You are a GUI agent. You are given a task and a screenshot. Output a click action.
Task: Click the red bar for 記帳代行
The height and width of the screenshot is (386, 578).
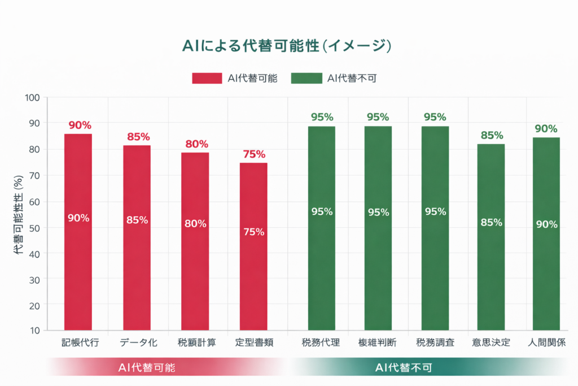tap(78, 232)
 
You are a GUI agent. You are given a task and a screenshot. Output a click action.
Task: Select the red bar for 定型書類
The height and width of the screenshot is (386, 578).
tap(253, 246)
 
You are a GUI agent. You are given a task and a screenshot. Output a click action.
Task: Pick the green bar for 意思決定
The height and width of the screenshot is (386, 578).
tap(491, 237)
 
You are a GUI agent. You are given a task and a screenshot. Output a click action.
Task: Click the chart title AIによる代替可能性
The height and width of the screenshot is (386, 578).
tap(287, 46)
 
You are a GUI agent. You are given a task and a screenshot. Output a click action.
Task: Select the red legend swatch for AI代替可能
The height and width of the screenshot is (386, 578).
tap(207, 79)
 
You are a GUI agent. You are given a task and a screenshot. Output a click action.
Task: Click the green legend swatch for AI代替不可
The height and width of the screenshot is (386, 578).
tap(305, 79)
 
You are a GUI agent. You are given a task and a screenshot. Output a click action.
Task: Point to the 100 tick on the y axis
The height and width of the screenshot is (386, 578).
tap(32, 97)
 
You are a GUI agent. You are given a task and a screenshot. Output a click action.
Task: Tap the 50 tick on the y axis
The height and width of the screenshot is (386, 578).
tap(33, 228)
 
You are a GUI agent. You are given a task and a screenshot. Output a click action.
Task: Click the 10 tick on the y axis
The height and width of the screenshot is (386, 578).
tap(33, 331)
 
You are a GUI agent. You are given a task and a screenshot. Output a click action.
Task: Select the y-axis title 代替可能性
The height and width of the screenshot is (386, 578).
tap(18, 215)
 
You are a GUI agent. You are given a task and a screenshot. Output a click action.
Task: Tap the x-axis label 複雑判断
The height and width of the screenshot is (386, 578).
tap(377, 343)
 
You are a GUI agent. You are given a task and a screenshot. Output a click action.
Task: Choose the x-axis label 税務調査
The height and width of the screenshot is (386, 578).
tap(435, 343)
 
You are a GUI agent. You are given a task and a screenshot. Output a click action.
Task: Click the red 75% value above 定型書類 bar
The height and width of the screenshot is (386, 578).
tap(253, 154)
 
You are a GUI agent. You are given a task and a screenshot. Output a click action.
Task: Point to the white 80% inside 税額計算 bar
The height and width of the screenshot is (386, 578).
tap(195, 223)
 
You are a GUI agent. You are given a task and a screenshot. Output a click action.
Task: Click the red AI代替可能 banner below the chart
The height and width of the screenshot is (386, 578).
tap(147, 367)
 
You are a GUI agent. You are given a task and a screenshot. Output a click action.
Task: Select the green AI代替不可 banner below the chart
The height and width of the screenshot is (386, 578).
tap(404, 367)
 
